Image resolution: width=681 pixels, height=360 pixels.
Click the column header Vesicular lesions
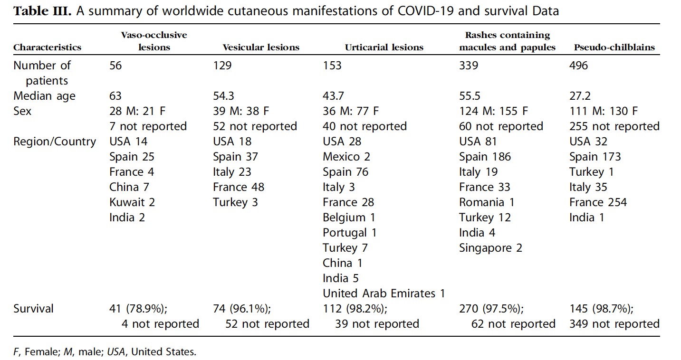click(261, 47)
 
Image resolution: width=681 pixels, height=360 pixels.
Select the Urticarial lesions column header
click(384, 47)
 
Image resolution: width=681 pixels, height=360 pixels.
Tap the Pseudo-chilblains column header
click(614, 47)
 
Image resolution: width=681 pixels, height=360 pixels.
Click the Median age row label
click(44, 96)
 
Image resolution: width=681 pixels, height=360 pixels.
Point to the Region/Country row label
click(55, 142)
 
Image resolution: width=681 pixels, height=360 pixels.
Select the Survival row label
click(33, 309)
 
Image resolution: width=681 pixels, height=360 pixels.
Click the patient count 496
click(578, 66)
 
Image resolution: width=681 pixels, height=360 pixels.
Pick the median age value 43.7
click(333, 96)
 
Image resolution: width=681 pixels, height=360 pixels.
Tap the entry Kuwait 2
click(132, 202)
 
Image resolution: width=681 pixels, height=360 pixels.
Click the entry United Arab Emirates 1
click(384, 294)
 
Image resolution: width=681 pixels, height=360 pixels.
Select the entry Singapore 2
click(490, 248)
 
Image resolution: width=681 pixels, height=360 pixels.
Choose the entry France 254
click(598, 202)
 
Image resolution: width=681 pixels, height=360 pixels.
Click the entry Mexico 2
click(346, 157)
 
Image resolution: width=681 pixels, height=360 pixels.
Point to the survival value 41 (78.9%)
click(138, 309)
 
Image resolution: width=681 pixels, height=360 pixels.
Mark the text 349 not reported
click(614, 324)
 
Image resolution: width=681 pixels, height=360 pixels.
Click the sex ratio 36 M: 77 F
click(351, 111)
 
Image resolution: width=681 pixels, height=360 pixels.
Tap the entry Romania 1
click(487, 202)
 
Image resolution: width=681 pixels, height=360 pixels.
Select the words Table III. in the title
click(42, 11)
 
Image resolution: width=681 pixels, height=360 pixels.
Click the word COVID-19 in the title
click(425, 11)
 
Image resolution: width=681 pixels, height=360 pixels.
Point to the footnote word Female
click(42, 352)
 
